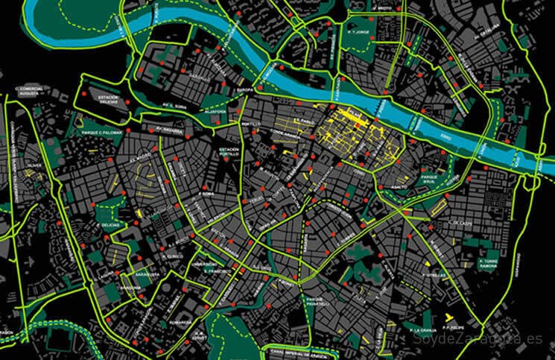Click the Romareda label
[x=180, y=323]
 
